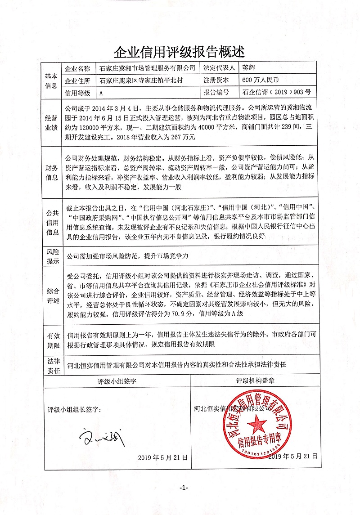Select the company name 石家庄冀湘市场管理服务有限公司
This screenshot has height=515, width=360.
147,69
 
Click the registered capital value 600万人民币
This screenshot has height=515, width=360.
261,81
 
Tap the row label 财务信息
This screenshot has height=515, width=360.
51,171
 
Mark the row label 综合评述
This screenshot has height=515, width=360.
51,295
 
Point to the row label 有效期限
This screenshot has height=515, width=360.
51,340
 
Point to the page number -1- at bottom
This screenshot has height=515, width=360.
183,488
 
